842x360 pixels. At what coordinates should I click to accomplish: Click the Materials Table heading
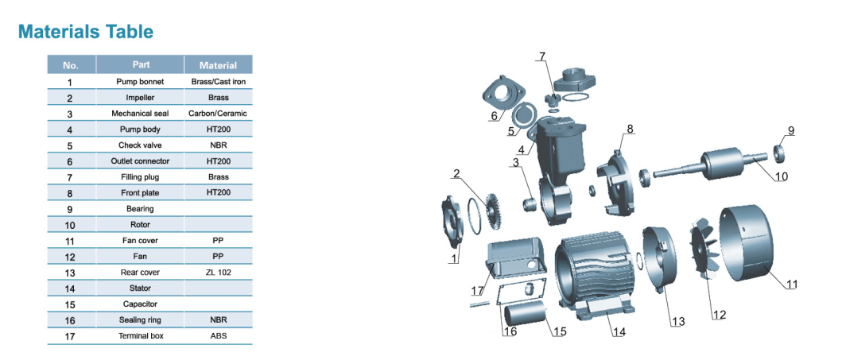click(86, 32)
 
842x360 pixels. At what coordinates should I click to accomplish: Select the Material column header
click(218, 65)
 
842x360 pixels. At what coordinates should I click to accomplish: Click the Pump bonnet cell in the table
click(140, 82)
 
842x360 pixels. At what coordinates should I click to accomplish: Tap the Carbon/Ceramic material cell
click(218, 114)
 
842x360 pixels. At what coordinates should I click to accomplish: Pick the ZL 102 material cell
click(218, 273)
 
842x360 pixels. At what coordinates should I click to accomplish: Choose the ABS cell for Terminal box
click(218, 336)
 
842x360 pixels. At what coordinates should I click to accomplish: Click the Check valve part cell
click(140, 145)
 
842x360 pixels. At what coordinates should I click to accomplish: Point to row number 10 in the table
click(71, 225)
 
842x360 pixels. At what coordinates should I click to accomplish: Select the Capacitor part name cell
click(140, 304)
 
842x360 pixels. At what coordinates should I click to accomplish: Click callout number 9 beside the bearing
click(790, 130)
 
